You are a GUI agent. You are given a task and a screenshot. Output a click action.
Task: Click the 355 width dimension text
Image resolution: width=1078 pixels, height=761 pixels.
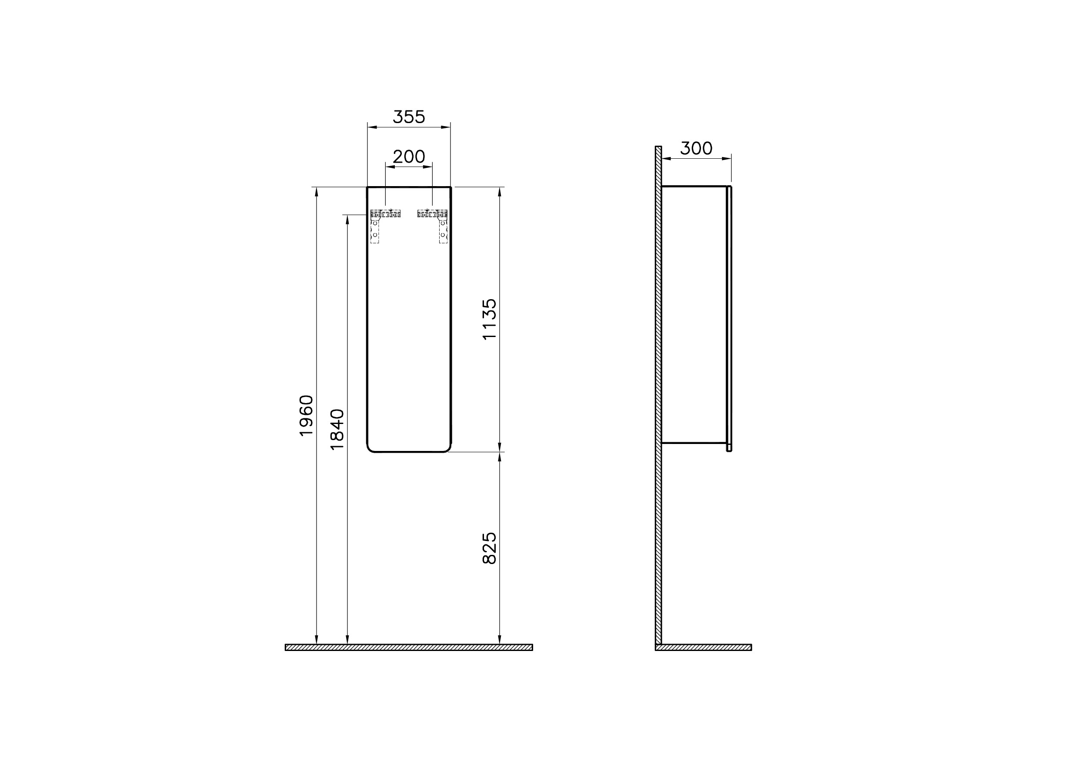408,117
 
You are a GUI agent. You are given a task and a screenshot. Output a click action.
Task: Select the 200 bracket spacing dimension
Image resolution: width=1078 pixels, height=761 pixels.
408,157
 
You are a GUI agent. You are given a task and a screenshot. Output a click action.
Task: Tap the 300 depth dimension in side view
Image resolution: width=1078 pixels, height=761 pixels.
696,148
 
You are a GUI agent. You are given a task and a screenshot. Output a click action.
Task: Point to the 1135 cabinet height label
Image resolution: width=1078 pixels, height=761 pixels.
490,319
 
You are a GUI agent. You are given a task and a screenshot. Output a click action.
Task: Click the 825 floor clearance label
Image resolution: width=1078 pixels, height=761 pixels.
490,548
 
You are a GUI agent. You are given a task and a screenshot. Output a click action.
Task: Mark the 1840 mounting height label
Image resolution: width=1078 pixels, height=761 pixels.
337,430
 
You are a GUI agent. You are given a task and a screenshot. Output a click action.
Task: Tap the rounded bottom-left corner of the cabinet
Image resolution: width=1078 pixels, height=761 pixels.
370,448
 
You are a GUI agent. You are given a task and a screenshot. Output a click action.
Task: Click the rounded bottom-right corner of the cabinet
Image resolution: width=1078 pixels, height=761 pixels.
447,448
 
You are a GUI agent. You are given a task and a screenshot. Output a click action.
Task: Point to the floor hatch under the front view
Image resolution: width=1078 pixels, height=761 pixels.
408,648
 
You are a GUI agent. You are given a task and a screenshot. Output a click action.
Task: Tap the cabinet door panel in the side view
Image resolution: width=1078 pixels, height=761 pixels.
729,319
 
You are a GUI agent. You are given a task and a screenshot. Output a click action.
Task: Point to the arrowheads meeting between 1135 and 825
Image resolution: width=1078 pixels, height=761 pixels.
499,452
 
